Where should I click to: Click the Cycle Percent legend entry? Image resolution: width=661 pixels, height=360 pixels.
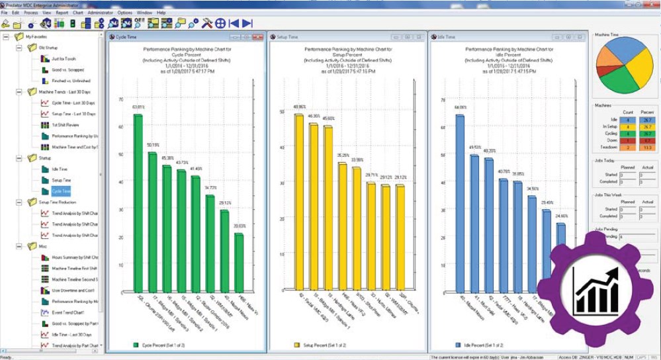click(x=159, y=345)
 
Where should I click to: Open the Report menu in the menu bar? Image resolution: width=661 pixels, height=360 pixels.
click(x=62, y=13)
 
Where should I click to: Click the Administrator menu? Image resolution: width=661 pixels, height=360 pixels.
click(x=101, y=13)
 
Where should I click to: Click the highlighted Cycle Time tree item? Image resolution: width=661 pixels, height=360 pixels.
click(x=61, y=191)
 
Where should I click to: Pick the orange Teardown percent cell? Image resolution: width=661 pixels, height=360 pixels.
click(x=646, y=148)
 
